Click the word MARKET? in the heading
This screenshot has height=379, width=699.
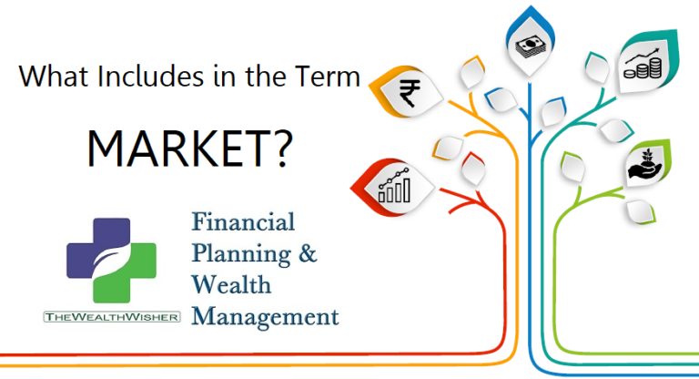tap(190, 149)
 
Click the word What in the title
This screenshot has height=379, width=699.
tap(54, 76)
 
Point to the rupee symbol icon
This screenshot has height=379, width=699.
tap(410, 93)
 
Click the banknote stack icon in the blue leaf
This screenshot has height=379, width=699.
tap(531, 46)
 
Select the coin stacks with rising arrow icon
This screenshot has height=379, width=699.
tap(643, 64)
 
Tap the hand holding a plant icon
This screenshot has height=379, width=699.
tap(644, 165)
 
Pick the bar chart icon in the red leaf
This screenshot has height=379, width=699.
tap(394, 186)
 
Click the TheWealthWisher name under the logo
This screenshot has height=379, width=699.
tap(112, 317)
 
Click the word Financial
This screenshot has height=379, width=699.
tap(243, 222)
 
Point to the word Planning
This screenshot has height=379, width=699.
tap(241, 255)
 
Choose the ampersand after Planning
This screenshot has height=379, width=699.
tap(308, 253)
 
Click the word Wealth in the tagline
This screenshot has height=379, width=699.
tap(231, 284)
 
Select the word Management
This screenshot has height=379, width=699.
tap(265, 317)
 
